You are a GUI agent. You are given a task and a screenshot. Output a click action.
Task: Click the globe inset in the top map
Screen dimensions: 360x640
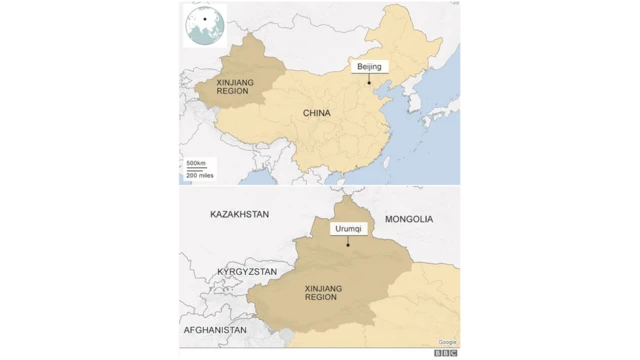pos(204,25)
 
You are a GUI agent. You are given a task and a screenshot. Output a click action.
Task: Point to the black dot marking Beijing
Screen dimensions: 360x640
pos(369,83)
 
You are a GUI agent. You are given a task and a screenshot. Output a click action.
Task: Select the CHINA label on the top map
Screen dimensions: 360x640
pos(317,114)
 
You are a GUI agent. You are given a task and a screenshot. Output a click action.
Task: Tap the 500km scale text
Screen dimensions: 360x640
pos(196,162)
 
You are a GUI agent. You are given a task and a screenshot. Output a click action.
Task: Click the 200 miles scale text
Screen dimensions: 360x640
pos(200,175)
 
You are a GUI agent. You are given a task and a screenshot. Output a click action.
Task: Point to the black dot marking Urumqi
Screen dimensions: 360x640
pos(349,245)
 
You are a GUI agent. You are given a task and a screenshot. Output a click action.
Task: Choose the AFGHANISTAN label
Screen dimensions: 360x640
pos(214,329)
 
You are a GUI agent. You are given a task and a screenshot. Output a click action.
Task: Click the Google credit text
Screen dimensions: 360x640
pos(447,342)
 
